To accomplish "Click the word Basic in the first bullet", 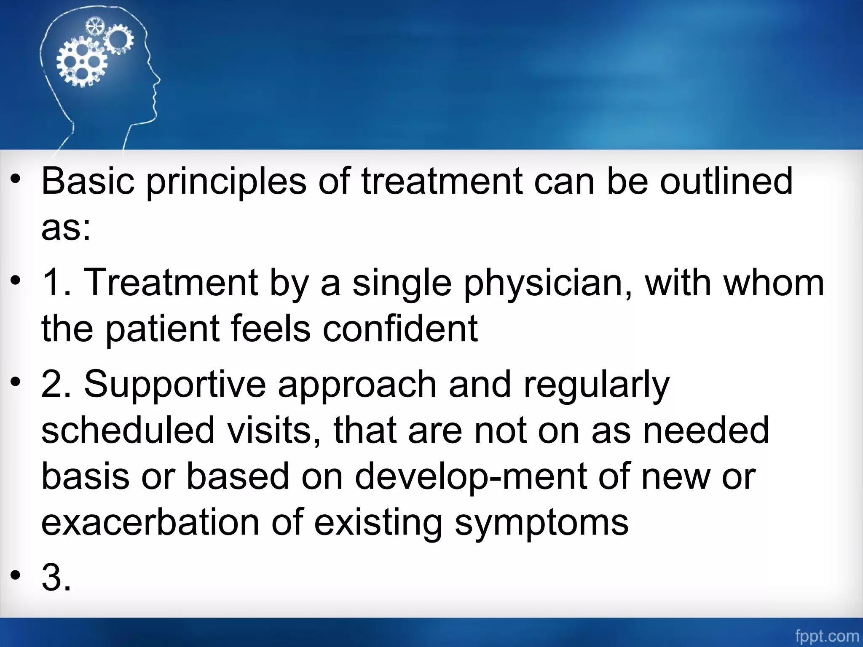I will click(88, 181).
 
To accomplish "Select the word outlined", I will click(726, 181).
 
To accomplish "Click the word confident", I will click(400, 329).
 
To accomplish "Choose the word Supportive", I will click(175, 385).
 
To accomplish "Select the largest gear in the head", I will click(81, 62).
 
